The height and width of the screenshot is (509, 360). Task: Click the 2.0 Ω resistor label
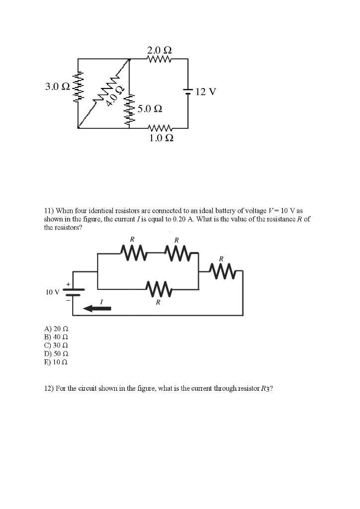click(x=160, y=51)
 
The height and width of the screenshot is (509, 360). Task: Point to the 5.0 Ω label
click(x=150, y=108)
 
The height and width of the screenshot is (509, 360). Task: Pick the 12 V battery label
click(x=206, y=92)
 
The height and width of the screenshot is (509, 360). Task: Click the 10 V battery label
click(x=52, y=292)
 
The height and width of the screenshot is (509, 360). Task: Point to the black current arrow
click(x=97, y=309)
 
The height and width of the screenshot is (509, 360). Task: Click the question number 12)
click(x=49, y=389)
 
